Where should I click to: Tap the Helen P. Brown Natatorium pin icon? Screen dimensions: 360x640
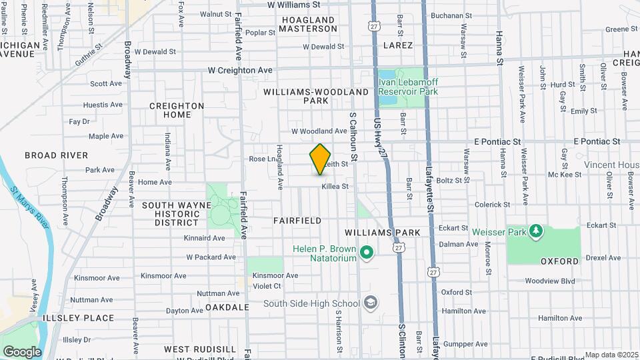tap(366, 253)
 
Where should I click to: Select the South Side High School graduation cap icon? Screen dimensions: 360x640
tap(371, 303)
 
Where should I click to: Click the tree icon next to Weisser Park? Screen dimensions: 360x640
tap(535, 231)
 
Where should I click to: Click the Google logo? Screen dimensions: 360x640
tap(22, 351)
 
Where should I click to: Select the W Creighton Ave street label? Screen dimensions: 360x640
tap(240, 70)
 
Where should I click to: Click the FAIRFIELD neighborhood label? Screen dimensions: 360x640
tap(297, 220)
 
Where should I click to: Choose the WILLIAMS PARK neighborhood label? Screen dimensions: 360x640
tap(383, 232)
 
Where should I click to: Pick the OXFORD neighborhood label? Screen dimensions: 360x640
tap(559, 261)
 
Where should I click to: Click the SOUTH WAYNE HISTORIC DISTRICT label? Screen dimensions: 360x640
tap(171, 214)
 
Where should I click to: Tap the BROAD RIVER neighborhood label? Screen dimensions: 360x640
tap(56, 155)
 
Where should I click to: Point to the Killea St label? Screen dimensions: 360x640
tap(335, 187)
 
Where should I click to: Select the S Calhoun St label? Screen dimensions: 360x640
tap(355, 137)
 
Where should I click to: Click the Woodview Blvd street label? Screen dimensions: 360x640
tap(549, 281)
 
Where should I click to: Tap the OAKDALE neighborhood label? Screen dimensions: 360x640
tap(208, 307)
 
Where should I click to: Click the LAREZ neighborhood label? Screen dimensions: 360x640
tap(398, 45)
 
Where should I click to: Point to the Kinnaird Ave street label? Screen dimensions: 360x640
tap(205, 237)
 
